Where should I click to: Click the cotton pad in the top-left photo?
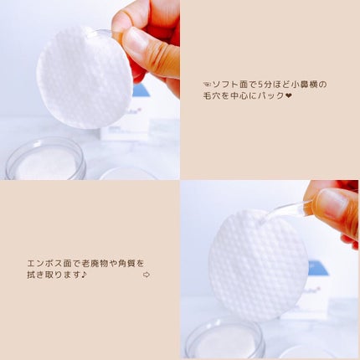tap(84, 77)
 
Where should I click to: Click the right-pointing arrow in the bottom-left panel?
tap(147, 275)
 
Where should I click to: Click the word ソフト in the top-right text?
tap(227, 85)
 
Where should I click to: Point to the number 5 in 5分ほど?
tap(265, 85)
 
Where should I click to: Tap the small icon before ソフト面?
tap(207, 85)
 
